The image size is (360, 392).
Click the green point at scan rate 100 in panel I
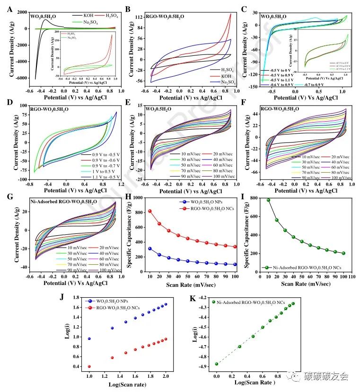click(343, 253)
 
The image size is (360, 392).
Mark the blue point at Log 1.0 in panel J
click(89, 339)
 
